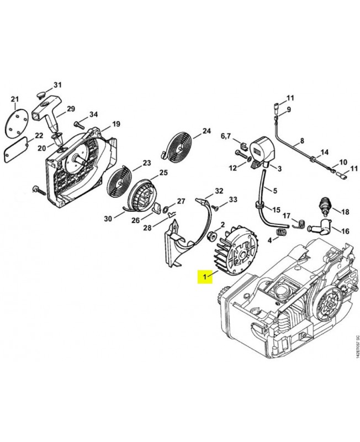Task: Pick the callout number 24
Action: click(207, 131)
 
